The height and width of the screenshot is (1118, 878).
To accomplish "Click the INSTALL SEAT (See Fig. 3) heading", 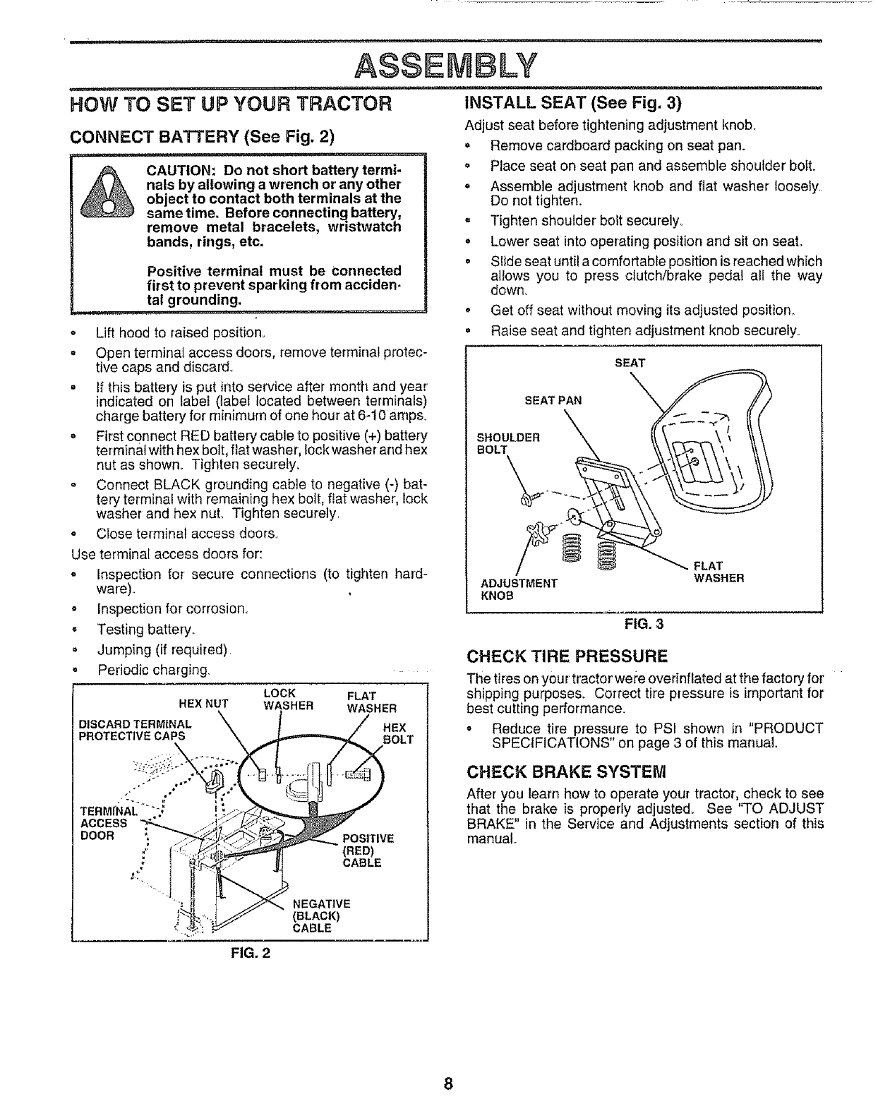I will click(x=572, y=104).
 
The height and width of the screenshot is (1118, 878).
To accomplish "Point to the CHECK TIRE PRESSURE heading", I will click(x=567, y=657).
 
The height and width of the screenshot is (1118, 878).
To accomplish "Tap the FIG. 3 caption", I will click(x=644, y=624).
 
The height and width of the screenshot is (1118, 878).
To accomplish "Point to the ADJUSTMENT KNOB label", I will click(x=519, y=589).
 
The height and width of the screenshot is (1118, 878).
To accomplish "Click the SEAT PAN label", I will click(x=553, y=400).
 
